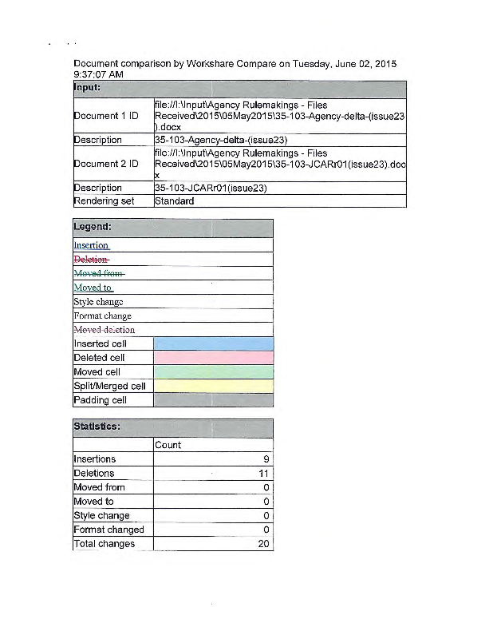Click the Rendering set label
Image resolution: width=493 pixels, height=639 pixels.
[104, 200]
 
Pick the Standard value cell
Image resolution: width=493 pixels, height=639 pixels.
[174, 200]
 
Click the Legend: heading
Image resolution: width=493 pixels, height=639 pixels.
[93, 227]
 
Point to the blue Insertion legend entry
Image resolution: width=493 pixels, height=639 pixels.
[91, 245]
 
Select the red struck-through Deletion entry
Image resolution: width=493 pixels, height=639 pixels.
[91, 259]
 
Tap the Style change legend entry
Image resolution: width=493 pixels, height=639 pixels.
[98, 302]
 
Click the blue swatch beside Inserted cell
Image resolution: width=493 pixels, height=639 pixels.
[212, 343]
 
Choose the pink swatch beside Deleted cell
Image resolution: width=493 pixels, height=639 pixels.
[212, 358]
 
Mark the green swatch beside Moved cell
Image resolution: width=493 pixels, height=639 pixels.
[212, 372]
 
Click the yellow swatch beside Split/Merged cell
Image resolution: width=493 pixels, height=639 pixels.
[212, 386]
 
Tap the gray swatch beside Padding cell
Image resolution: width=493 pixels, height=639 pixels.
[212, 400]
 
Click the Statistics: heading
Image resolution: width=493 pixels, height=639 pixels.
[97, 427]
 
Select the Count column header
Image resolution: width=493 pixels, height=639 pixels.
[168, 445]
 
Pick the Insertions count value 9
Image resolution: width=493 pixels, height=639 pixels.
[265, 459]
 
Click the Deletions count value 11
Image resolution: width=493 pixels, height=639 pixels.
[262, 474]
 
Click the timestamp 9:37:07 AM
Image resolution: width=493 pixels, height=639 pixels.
[98, 74]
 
